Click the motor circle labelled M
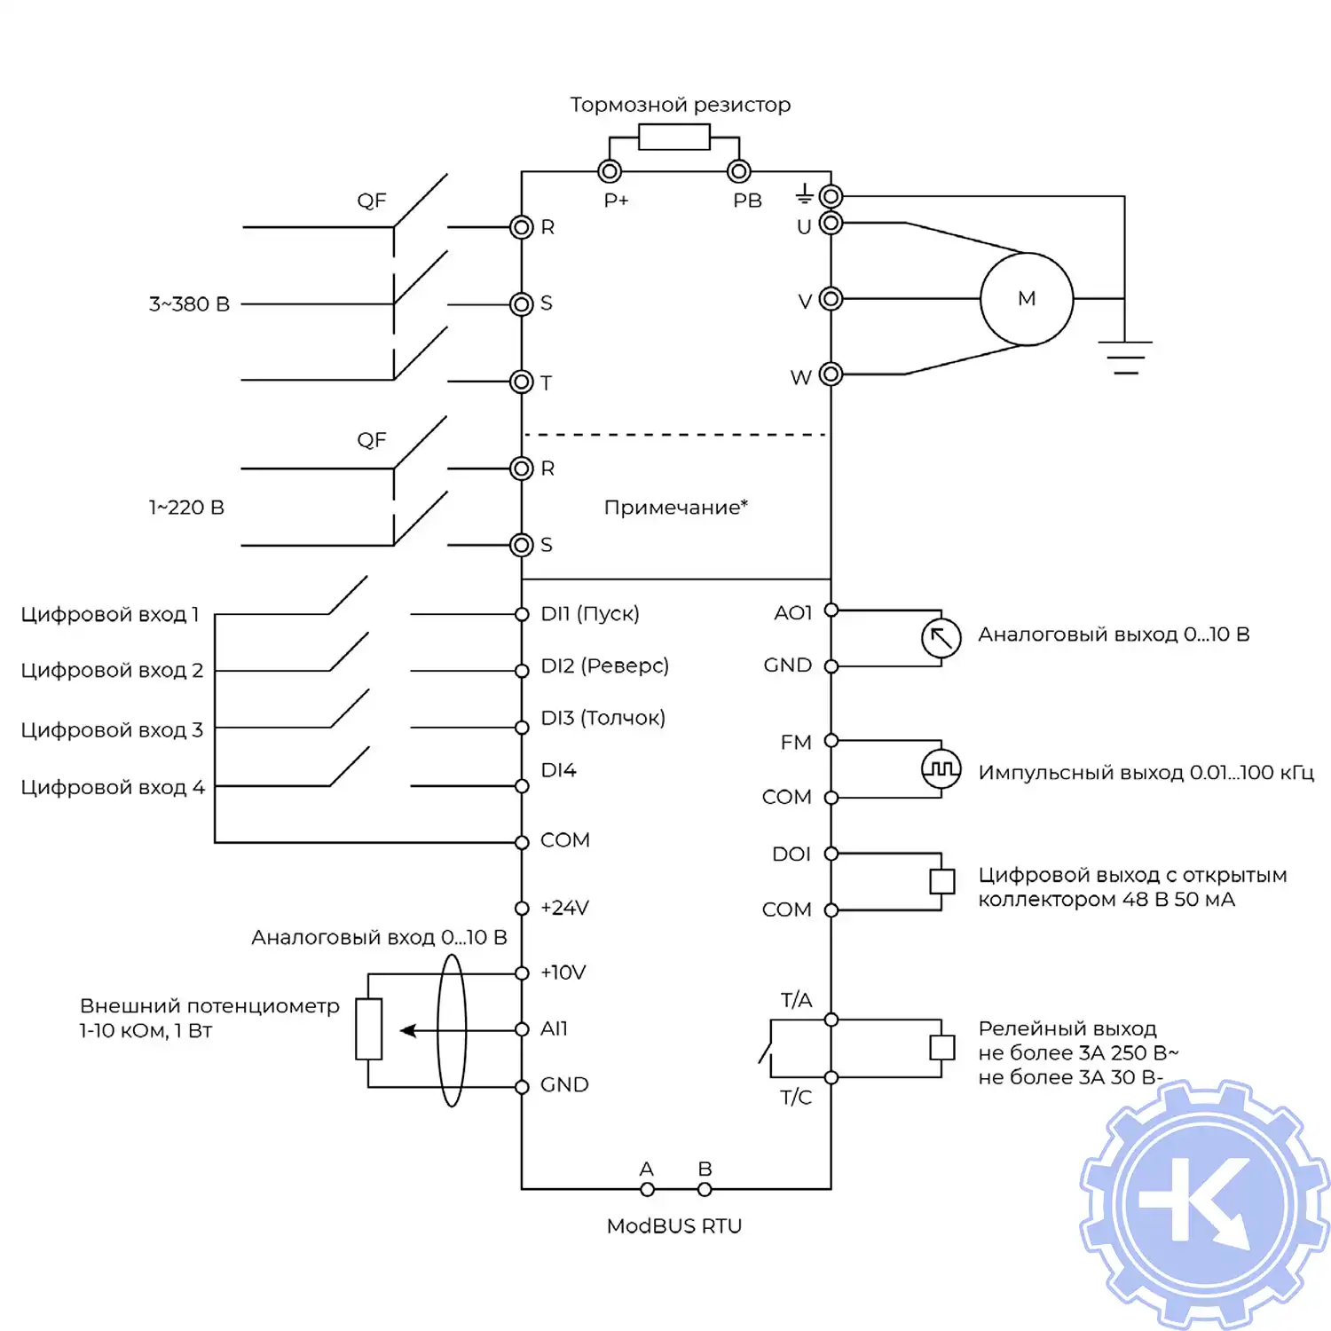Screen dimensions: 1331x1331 click(1026, 299)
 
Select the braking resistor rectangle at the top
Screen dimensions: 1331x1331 click(673, 138)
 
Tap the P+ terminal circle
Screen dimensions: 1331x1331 click(610, 171)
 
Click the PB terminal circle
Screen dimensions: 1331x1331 click(738, 171)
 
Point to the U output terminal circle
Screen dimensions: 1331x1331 click(831, 223)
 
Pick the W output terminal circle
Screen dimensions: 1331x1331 click(831, 374)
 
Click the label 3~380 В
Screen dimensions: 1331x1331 click(189, 304)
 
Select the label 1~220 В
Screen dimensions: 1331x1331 click(186, 508)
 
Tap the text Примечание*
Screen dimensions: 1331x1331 click(675, 508)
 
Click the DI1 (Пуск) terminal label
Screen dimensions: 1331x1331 click(590, 613)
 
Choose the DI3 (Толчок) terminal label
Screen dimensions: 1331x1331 click(602, 718)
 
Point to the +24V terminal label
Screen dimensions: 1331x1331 click(564, 908)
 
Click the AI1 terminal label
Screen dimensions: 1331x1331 click(554, 1028)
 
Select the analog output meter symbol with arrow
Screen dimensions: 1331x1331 click(941, 638)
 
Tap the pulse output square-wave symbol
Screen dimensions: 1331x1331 click(941, 768)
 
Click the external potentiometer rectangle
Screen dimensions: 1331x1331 click(368, 1029)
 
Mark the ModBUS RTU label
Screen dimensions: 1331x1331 click(674, 1226)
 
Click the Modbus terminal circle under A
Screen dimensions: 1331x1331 click(647, 1189)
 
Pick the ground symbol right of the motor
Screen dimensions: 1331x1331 click(1125, 357)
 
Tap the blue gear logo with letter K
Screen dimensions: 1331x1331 click(1204, 1205)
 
